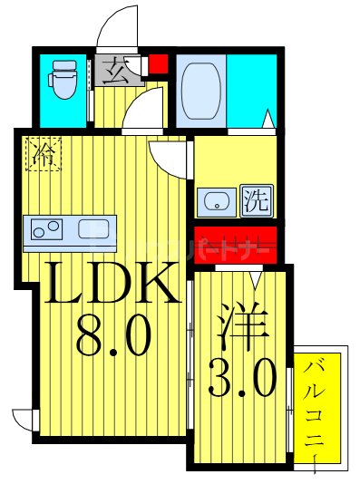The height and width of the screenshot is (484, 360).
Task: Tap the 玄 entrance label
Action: point(117,68)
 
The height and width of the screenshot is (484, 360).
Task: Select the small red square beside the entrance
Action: point(158,64)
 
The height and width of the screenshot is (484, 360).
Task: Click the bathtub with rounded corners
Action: point(199,89)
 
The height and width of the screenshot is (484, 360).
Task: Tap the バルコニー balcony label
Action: point(317,408)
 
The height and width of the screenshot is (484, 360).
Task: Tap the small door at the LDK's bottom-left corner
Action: point(24,421)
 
